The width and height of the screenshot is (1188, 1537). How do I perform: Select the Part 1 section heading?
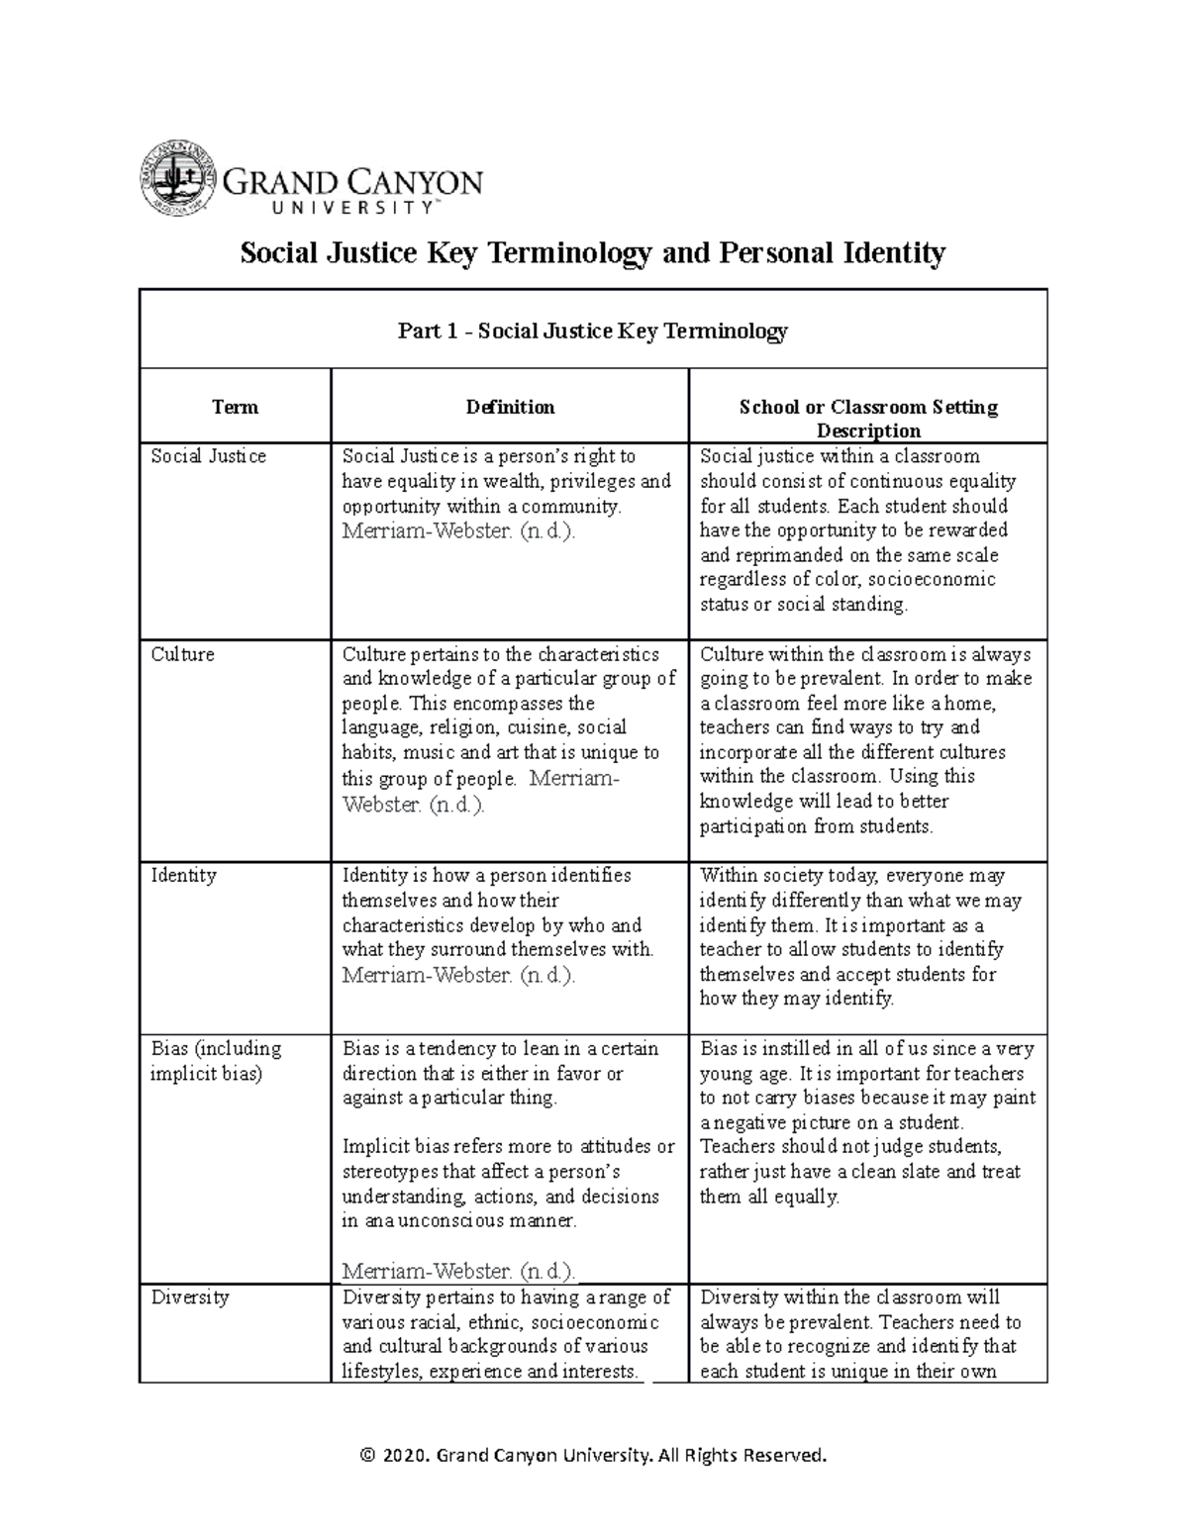592,331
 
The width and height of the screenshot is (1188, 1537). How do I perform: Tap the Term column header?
235,407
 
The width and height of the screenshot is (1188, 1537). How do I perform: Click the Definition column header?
510,407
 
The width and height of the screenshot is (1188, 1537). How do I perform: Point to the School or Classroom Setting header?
868,418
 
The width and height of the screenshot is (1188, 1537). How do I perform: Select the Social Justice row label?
208,456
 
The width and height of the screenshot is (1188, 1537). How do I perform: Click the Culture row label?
182,654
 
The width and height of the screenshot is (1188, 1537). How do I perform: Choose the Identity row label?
183,876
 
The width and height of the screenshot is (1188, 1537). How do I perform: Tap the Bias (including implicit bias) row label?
216,1061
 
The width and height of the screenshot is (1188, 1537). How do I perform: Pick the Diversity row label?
189,1297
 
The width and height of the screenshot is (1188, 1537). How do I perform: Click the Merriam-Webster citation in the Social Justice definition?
457,530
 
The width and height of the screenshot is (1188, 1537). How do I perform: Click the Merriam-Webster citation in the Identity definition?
457,975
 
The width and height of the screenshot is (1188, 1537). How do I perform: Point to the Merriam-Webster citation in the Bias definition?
457,1271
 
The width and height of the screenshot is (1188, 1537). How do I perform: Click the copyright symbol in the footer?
368,1456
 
